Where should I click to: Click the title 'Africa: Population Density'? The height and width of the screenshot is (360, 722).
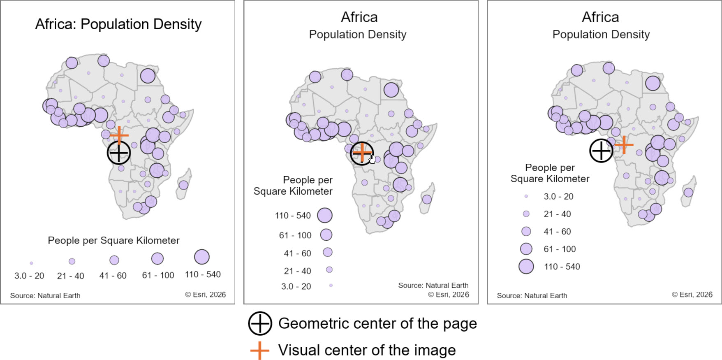[x=118, y=24]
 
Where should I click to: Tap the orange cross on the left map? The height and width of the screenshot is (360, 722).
[x=119, y=135]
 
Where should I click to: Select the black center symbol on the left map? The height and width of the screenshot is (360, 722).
[x=119, y=153]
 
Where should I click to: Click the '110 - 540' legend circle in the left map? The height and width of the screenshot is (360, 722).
[x=202, y=257]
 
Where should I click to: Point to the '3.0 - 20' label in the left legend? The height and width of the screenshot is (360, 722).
[x=29, y=276]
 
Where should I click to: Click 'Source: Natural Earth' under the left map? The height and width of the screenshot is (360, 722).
[x=45, y=295]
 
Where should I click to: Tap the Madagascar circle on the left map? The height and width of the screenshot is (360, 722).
[x=183, y=185]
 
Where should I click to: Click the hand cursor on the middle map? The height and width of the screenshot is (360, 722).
[x=372, y=159]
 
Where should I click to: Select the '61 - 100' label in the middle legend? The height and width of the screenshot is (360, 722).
[x=295, y=235]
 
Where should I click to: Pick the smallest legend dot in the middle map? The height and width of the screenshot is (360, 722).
[x=331, y=285]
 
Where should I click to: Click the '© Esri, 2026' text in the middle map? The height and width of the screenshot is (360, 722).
[x=449, y=295]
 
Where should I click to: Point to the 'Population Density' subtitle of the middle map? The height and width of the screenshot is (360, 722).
[x=358, y=35]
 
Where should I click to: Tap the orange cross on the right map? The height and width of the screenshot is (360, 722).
[x=624, y=145]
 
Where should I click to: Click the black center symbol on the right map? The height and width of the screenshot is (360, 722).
[x=601, y=151]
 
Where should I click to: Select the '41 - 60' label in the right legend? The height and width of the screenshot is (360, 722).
[x=557, y=232]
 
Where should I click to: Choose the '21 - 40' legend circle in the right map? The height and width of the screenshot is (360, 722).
[x=526, y=214]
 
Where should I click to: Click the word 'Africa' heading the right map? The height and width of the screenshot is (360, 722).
[x=600, y=17]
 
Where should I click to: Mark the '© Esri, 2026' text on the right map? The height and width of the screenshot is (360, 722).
[x=692, y=295]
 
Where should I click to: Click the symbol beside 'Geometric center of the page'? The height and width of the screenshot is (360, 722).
[x=260, y=323]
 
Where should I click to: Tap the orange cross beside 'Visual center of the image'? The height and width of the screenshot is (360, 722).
[x=260, y=351]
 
